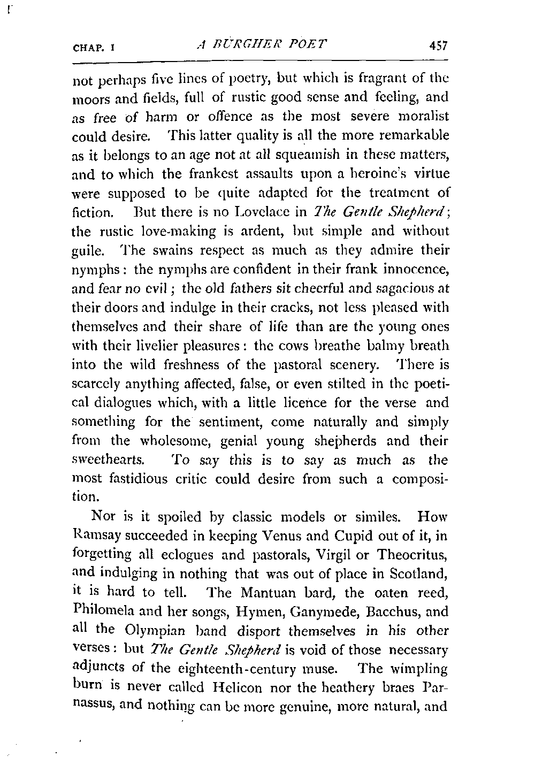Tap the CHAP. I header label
(95, 48)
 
